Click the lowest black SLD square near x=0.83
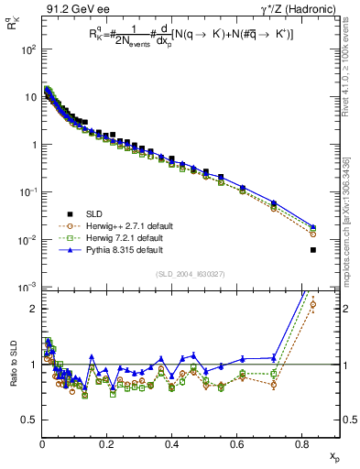[313, 250]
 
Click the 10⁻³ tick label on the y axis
[28, 288]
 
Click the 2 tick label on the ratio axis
[32, 309]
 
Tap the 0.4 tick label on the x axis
[172, 444]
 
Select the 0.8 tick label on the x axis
[301, 444]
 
